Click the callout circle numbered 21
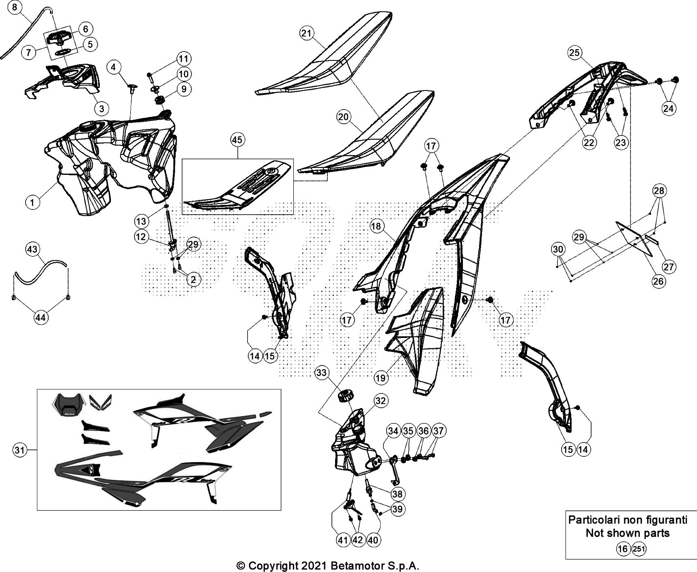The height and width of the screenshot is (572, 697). [306, 33]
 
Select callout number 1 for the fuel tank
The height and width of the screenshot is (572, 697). [33, 202]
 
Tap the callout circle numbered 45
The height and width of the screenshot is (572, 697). [237, 140]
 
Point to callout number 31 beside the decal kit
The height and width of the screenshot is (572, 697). [19, 450]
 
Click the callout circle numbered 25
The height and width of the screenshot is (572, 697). [574, 52]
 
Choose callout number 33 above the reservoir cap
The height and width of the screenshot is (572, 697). [321, 373]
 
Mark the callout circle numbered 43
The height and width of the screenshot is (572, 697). [32, 249]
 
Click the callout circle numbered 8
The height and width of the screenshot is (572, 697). [15, 8]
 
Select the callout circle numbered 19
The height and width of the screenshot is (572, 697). [381, 378]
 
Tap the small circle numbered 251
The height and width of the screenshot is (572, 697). [639, 549]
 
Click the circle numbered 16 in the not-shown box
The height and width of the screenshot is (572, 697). [622, 549]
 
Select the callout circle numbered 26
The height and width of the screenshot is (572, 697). [658, 281]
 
